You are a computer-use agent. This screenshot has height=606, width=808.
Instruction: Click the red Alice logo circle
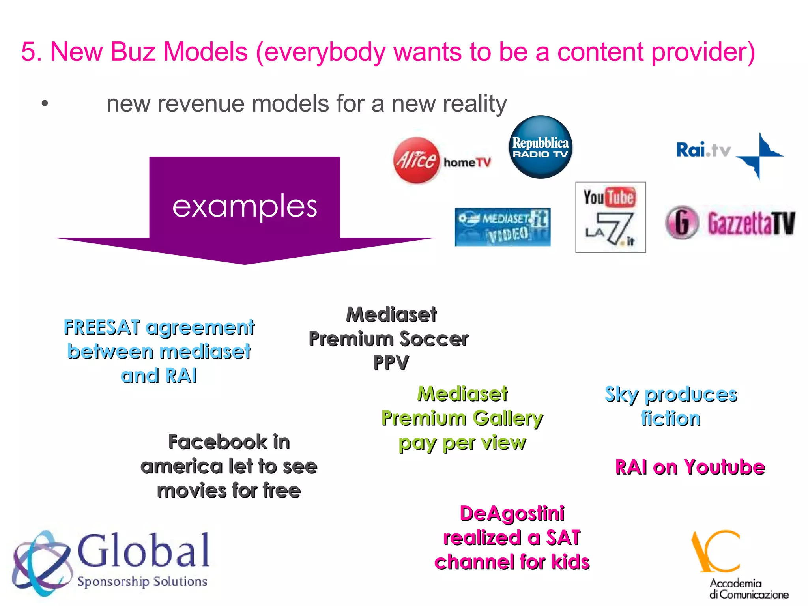click(416, 160)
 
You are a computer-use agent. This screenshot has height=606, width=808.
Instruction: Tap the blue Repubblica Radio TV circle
click(540, 147)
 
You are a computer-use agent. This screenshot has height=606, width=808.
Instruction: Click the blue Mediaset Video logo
click(502, 227)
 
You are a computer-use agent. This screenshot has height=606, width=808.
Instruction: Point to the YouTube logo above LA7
click(610, 197)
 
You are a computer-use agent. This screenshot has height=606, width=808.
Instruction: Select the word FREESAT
click(102, 327)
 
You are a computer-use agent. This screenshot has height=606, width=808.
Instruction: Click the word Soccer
click(434, 339)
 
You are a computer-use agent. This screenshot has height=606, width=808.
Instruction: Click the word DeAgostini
click(512, 514)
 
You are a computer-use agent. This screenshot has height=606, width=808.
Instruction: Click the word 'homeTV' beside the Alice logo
click(467, 162)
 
